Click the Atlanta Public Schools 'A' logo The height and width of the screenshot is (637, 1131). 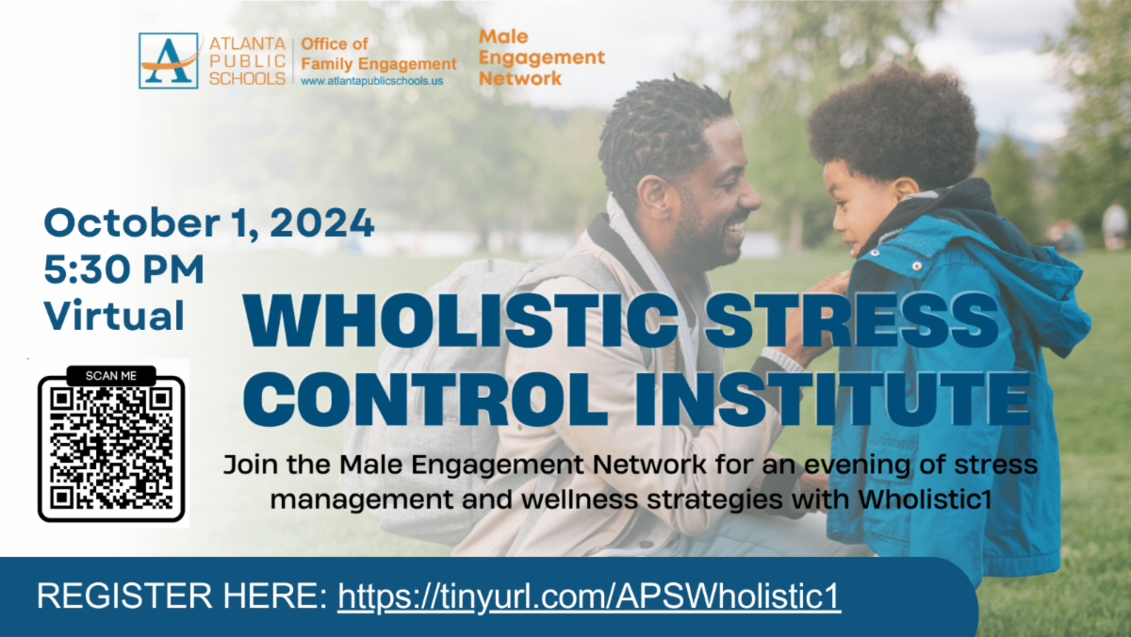tap(168, 60)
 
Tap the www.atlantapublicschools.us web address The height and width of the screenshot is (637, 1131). tap(371, 81)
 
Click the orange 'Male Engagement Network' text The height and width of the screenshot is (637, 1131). tap(541, 57)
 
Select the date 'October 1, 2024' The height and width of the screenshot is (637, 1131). tap(209, 222)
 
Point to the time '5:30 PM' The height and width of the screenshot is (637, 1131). tap(124, 269)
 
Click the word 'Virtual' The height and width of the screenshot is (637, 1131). tap(114, 316)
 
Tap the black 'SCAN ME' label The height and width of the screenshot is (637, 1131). tap(111, 376)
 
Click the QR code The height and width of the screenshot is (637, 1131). tap(111, 449)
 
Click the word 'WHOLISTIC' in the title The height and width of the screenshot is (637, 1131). tap(460, 321)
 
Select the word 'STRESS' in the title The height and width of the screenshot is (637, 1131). tap(852, 321)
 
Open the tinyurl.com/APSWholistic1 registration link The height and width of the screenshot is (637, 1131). tap(589, 596)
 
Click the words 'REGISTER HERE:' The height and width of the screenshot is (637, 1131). tap(182, 596)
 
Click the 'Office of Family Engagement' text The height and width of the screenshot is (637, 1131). tap(379, 54)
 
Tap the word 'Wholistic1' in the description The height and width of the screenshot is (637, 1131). tap(925, 499)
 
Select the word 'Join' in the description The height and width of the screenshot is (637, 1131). tap(251, 465)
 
